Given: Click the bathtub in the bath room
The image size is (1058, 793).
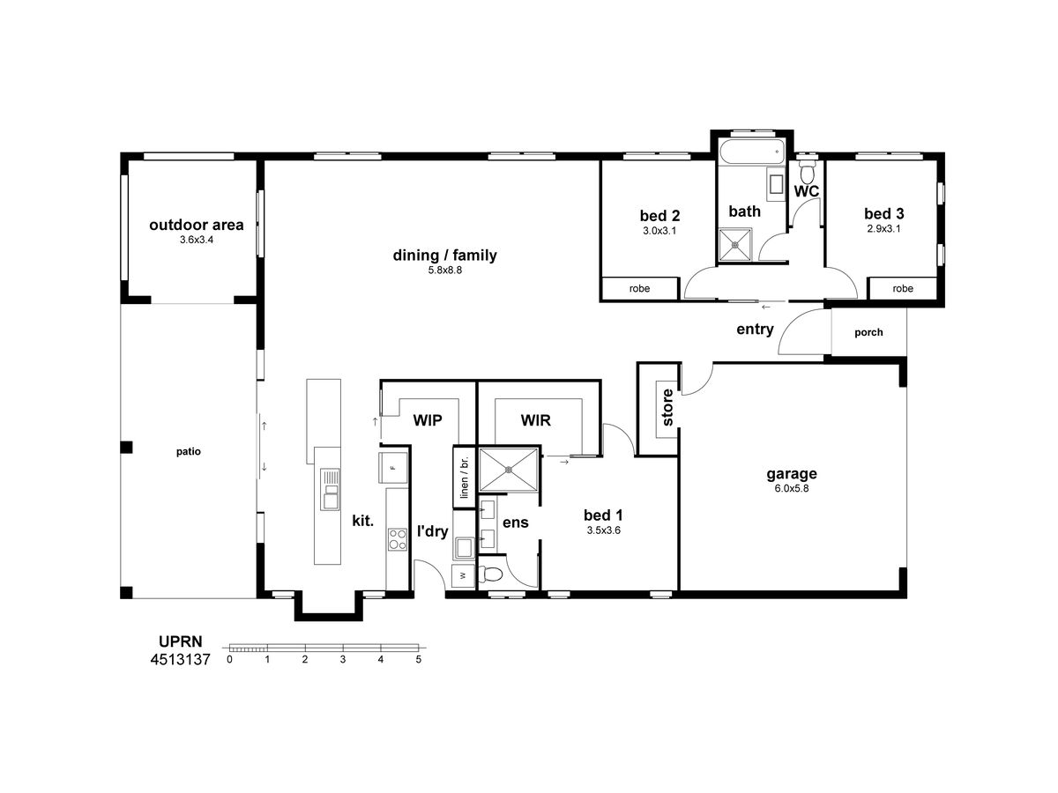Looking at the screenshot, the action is coord(752,152).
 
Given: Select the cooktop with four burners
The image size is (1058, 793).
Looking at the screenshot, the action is coord(398,539).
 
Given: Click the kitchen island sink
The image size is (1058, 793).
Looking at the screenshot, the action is coord(330,490).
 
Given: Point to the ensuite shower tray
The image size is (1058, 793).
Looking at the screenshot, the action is coord(508,470).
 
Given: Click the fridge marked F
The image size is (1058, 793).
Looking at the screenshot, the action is coord(393,467).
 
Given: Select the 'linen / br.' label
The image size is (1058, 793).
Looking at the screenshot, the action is coord(464,478).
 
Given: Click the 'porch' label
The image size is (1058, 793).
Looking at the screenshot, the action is coord(868,332).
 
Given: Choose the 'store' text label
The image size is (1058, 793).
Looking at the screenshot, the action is coord(667,407).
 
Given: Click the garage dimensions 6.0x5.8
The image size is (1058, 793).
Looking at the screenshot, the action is coord(792,488).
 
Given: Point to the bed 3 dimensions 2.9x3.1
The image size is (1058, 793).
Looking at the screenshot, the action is coord(883,229).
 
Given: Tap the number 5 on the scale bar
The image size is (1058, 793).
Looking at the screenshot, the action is coord(419,659).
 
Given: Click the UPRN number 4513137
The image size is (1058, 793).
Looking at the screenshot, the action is coord(180,659).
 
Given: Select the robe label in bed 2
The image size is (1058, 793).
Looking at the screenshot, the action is coord(639,288).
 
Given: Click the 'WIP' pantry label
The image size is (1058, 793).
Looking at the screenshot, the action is coord(428,420).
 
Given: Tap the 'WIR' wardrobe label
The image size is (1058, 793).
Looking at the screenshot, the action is coord(535,420).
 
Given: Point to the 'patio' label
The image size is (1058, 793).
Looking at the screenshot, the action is coord(188,452).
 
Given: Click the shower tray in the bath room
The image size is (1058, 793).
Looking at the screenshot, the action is coord(734,245).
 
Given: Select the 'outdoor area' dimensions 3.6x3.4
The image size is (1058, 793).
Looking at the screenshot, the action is coord(197,240).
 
